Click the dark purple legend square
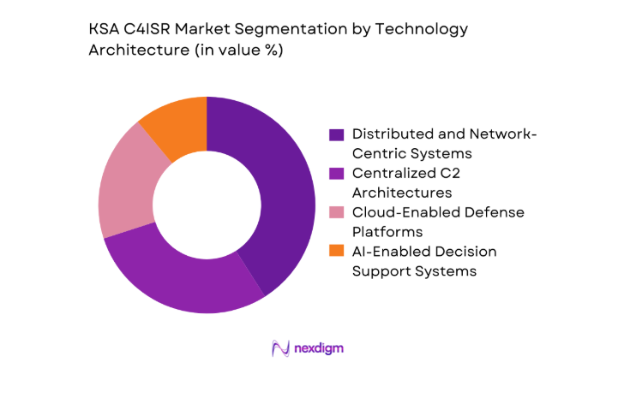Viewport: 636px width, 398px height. coord(337,134)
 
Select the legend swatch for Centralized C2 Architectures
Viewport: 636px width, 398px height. coord(337,173)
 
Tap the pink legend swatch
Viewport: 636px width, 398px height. coord(337,212)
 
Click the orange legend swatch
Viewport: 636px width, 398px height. coord(337,251)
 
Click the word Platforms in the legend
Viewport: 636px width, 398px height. coord(385,231)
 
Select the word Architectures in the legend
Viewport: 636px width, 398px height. coord(400,193)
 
